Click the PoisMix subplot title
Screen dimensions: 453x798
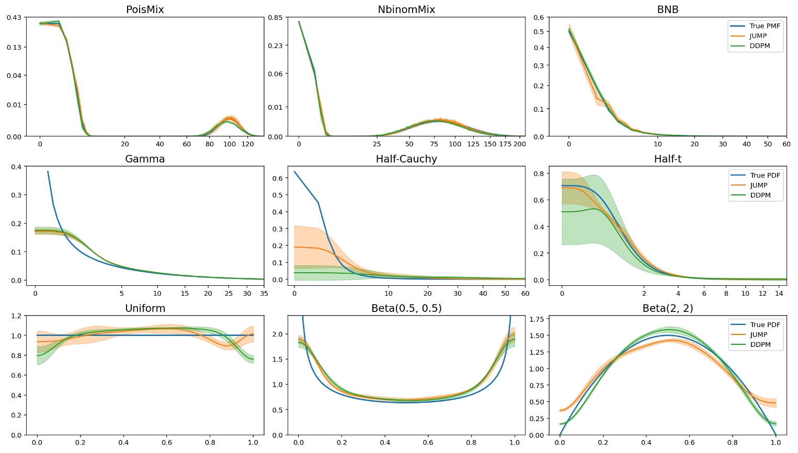[145, 10]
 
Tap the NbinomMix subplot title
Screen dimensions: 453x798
[406, 10]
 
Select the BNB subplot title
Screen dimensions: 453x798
[668, 10]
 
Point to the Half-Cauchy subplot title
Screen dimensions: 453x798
[406, 159]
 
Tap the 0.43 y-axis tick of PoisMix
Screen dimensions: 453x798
[14, 18]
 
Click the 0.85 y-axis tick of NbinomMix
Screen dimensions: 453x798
[276, 18]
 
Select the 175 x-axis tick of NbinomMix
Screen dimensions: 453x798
[505, 144]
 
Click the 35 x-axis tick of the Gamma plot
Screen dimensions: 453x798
[264, 294]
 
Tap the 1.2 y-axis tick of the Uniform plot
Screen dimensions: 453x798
[16, 316]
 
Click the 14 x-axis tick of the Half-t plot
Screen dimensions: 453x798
[779, 294]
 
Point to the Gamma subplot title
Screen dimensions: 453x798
[145, 159]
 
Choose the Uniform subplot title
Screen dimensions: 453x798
[145, 309]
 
